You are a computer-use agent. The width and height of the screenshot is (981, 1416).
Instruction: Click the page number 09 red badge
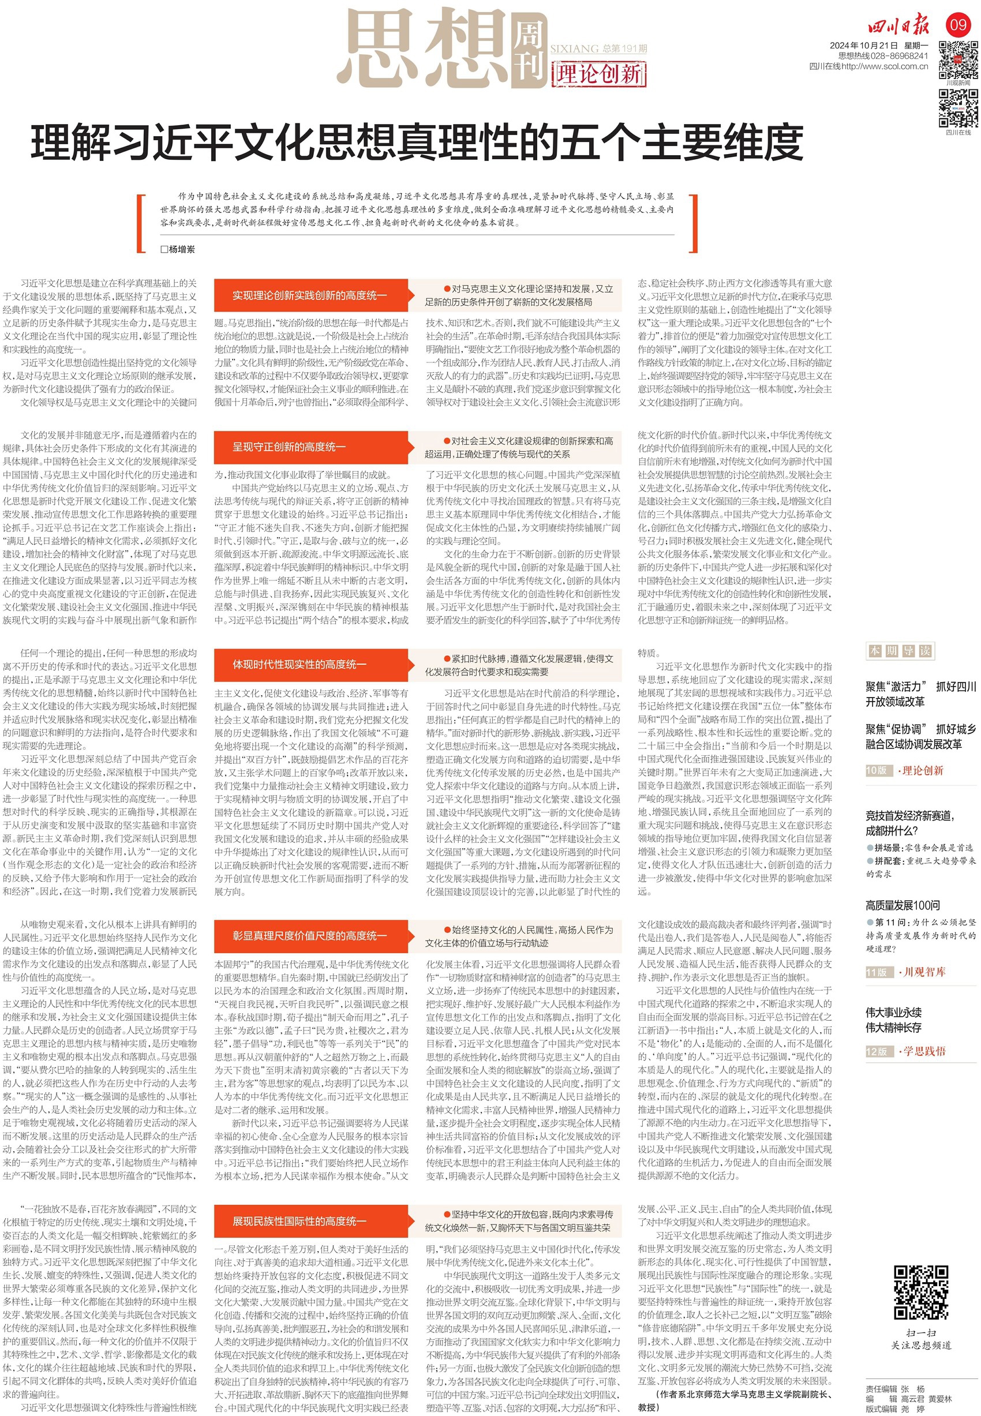(x=958, y=25)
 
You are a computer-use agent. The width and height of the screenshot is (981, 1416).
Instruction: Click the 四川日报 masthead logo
(x=898, y=27)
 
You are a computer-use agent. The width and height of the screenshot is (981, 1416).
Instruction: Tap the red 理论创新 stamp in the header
(x=598, y=74)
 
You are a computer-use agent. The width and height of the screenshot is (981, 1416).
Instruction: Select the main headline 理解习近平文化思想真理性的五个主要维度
(x=417, y=142)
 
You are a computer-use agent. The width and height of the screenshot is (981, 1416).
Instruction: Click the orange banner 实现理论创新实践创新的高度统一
(x=310, y=295)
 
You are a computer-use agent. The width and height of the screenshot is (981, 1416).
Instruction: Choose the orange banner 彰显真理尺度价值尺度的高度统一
(x=310, y=935)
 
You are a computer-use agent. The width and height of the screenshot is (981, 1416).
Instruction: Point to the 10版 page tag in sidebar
(x=877, y=771)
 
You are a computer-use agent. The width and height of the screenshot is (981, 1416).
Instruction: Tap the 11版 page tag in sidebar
(x=877, y=972)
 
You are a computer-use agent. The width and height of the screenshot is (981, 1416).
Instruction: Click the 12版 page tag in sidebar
(x=877, y=1051)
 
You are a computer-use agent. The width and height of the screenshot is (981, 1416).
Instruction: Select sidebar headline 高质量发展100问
(x=903, y=905)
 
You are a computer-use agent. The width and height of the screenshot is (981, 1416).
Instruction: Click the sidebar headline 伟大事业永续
(x=893, y=1012)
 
